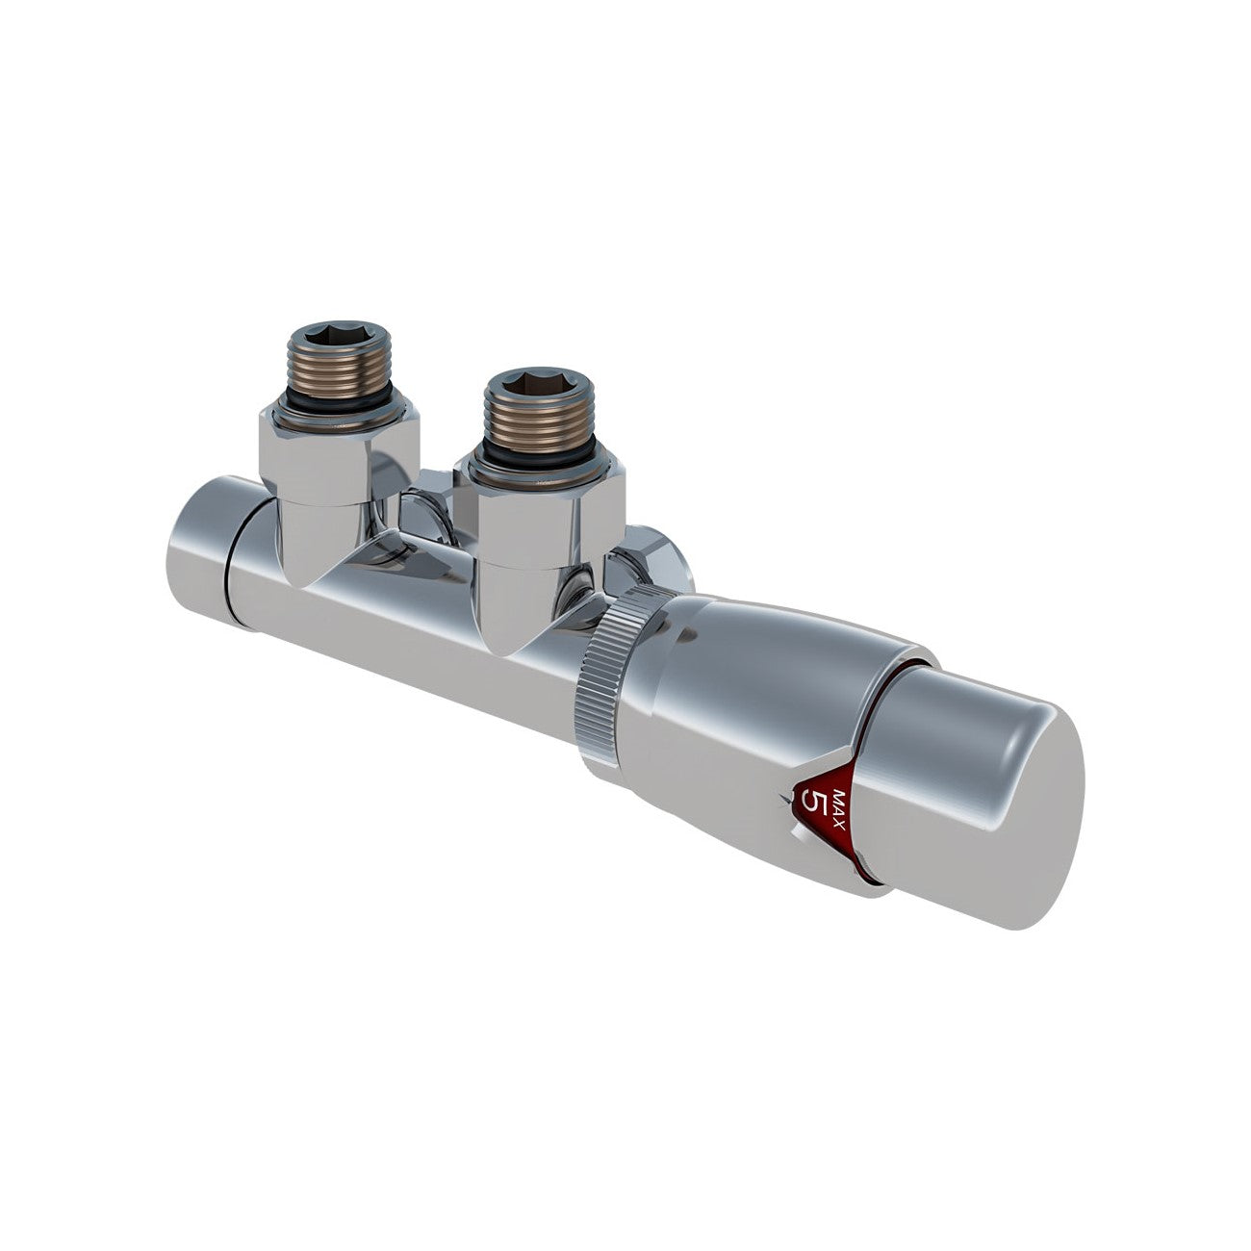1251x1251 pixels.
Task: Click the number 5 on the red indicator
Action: point(817,801)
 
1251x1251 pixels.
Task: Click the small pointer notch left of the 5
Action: point(790,799)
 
